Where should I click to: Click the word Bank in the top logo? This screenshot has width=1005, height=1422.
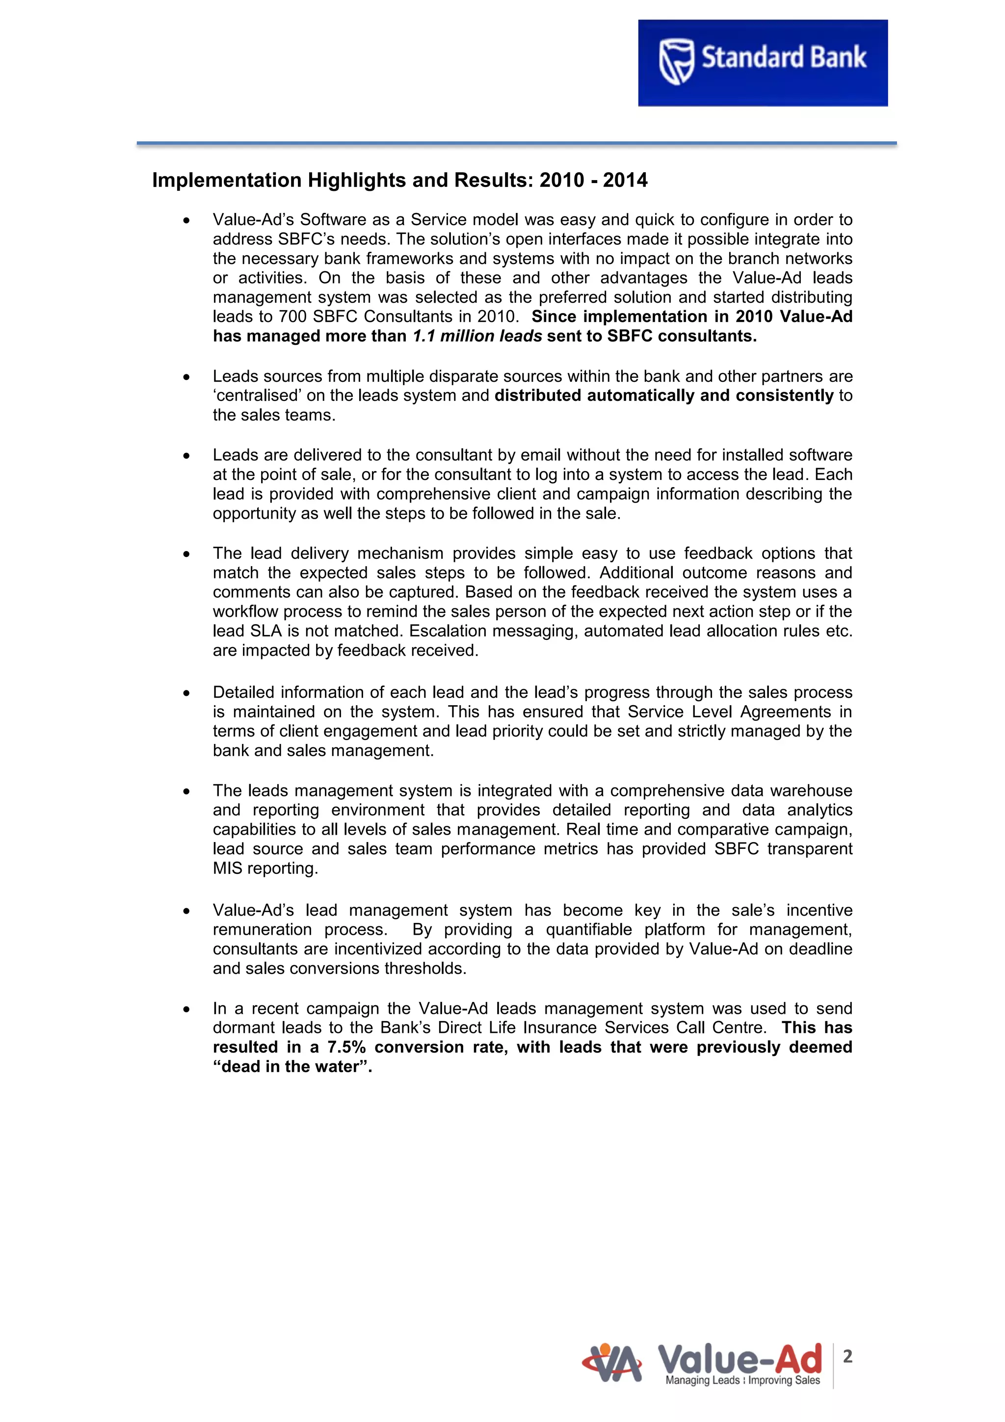click(x=838, y=57)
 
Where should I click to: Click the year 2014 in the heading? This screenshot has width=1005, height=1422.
click(x=625, y=180)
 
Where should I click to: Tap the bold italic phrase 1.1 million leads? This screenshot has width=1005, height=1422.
click(x=477, y=336)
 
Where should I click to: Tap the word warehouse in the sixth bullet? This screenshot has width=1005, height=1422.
click(x=811, y=791)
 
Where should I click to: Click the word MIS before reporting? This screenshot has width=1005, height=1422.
click(x=227, y=869)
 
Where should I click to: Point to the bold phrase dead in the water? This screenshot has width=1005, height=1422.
click(x=291, y=1067)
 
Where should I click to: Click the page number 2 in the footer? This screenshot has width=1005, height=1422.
click(x=847, y=1356)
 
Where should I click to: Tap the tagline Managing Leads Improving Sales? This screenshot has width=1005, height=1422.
click(x=742, y=1380)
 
